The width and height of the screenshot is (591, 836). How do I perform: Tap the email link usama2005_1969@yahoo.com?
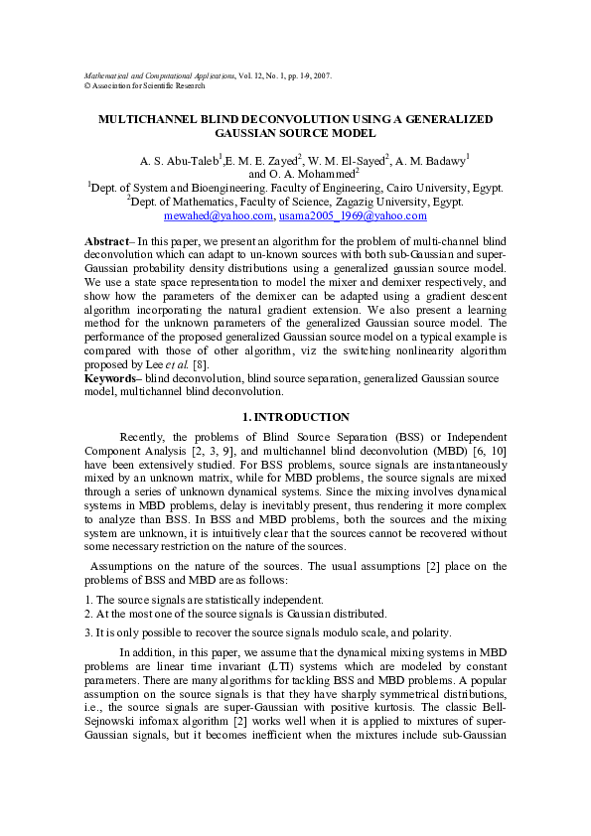point(339,214)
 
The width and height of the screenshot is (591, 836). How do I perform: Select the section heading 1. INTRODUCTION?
point(296,417)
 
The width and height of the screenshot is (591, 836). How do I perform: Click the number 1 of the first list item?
point(86,600)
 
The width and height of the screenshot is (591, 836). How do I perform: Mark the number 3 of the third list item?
point(86,632)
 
